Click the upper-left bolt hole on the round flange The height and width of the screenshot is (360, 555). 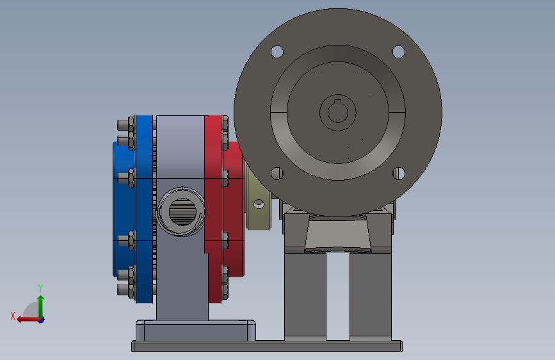click(x=277, y=52)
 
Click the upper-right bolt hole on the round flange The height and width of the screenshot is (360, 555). click(x=399, y=52)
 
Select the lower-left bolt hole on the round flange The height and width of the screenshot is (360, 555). click(x=277, y=173)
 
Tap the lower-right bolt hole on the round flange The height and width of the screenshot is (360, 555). click(x=399, y=173)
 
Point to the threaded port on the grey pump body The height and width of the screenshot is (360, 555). click(x=181, y=211)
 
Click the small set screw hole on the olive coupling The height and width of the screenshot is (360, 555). click(x=259, y=204)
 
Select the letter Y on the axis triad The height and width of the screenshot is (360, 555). click(x=40, y=288)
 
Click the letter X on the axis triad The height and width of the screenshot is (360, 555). click(x=13, y=316)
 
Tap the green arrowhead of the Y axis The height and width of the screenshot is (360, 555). click(x=41, y=299)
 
